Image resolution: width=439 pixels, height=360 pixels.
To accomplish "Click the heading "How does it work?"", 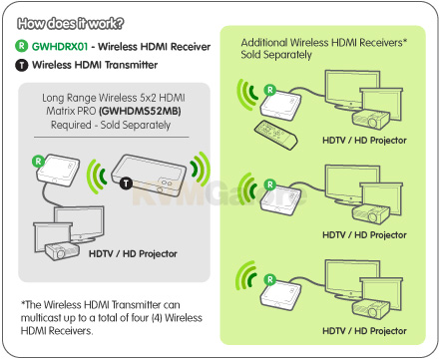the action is coord(70,24).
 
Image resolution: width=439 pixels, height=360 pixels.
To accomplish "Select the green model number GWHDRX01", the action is coord(60,46).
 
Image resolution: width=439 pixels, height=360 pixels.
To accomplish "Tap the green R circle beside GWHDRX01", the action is coord(22,46).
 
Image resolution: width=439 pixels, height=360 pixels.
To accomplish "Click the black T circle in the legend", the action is coord(22,65).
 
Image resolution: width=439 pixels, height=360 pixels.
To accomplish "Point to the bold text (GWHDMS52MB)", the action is coord(140,111).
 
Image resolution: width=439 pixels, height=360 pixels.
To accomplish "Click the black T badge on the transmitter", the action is coord(126,183).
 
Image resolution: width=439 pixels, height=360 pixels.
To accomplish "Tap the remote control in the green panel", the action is coord(275,135).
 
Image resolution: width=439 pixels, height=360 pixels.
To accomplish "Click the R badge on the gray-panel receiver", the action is coord(38,162).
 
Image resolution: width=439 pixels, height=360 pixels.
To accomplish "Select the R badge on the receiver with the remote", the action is coord(270,90).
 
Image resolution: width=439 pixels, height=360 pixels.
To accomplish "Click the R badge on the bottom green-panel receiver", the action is coord(270,280).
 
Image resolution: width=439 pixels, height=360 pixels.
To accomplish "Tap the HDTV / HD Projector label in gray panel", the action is coord(133,254).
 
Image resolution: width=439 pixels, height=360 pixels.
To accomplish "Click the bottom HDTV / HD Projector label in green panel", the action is coord(364,331).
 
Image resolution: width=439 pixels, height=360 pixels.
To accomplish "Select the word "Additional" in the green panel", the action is coord(264,43).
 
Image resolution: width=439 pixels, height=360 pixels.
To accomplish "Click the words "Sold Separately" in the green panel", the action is coord(276,55).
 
